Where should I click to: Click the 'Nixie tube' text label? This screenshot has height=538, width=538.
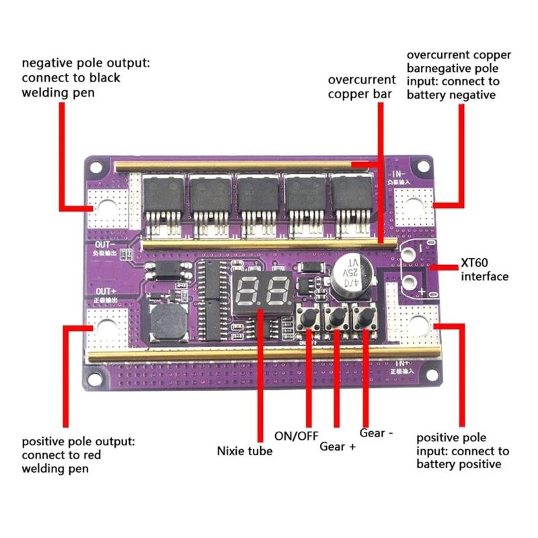(x=245, y=451)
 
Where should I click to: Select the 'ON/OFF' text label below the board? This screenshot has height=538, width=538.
(x=296, y=435)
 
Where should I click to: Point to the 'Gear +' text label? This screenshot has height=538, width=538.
(x=337, y=446)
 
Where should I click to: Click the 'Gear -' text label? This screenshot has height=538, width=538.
(x=377, y=432)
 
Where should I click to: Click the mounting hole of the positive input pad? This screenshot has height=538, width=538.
(x=418, y=325)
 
